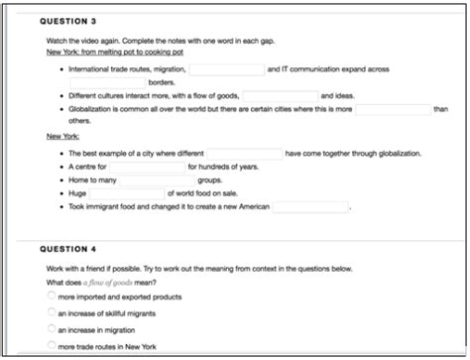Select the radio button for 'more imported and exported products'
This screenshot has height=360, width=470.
coord(51,297)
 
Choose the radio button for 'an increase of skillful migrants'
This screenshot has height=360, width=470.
coord(51,312)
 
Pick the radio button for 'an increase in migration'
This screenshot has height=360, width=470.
coord(51,329)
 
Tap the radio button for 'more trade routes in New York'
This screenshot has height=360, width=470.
coord(51,346)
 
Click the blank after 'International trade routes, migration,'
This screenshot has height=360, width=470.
coord(226,69)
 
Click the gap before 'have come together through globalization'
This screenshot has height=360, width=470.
coord(244,154)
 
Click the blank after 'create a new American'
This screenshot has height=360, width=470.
coord(310,207)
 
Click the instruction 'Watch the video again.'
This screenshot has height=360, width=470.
coord(75,41)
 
